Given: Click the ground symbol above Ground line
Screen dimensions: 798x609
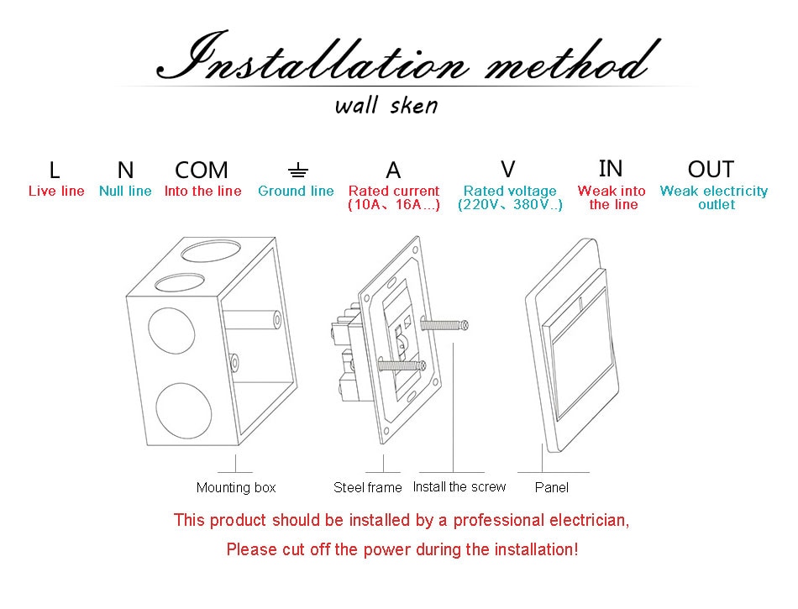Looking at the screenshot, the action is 297,171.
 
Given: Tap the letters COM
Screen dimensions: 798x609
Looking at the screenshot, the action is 202,170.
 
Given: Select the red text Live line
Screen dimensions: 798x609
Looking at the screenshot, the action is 56,191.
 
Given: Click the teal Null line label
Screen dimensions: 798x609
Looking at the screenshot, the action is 125,191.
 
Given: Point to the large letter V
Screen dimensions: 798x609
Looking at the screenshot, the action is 508,169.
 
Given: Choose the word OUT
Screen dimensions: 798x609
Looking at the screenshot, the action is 711,169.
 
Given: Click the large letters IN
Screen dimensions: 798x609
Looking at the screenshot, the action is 611,168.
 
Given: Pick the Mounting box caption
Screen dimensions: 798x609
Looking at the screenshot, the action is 236,487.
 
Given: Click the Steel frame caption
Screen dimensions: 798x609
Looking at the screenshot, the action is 367,487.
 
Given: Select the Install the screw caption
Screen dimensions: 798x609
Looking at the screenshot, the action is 459,487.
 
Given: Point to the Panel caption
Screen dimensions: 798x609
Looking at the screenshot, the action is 552,487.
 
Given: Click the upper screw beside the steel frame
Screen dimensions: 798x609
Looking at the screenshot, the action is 444,324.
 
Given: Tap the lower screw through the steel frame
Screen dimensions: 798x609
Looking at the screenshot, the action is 402,365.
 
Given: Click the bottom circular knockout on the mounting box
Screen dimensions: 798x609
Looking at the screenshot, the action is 183,411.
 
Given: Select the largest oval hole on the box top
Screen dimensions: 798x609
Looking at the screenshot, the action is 211,252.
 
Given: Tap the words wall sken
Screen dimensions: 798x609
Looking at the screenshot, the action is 386,106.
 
